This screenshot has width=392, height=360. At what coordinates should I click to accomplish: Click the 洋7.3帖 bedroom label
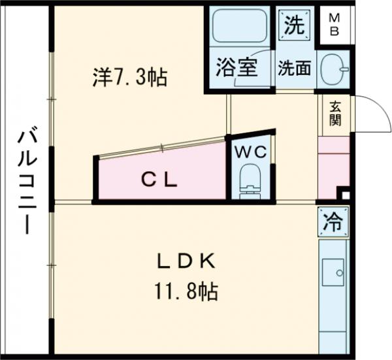point(129,78)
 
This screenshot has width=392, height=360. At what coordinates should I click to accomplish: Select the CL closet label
point(160,180)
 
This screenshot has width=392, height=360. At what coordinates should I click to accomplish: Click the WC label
point(251,153)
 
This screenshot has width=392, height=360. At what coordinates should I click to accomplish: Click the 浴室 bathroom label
point(237,67)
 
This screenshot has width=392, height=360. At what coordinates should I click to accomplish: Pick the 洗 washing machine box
point(293,25)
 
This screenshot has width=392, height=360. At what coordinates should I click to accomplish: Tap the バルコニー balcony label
point(25,180)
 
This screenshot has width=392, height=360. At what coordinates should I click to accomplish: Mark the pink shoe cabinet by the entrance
point(333,167)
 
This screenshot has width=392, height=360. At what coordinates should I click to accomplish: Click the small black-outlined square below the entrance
point(345,194)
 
